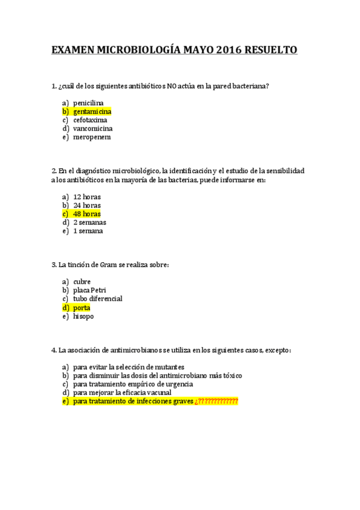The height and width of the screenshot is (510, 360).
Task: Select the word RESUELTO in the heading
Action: (x=269, y=51)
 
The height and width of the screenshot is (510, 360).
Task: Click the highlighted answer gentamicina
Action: (x=92, y=111)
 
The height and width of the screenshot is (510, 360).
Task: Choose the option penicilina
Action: (x=88, y=103)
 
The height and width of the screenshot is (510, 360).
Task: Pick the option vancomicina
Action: (x=93, y=128)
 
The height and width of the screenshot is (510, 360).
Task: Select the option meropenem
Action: (x=91, y=137)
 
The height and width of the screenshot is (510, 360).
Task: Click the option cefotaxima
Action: (x=90, y=120)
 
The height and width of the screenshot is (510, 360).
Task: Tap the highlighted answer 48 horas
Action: (x=87, y=214)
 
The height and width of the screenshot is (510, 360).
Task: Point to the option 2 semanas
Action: (x=90, y=222)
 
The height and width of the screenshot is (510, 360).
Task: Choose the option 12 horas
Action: (x=87, y=197)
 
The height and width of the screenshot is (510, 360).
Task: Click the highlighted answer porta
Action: (x=82, y=307)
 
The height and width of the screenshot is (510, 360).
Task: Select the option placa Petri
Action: (x=90, y=290)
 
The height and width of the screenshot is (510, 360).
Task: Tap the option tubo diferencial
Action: (x=97, y=298)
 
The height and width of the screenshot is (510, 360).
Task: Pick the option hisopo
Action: (x=84, y=316)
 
